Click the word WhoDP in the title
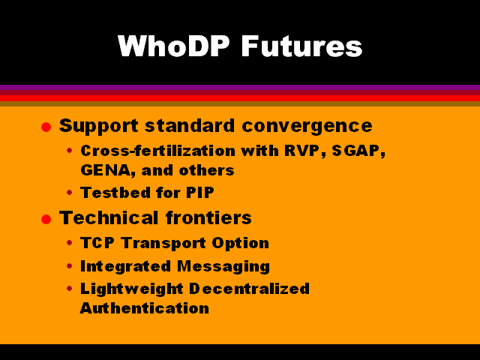tap(173, 46)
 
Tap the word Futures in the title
tap(301, 46)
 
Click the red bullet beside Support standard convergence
tap(46, 127)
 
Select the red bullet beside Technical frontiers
tap(46, 219)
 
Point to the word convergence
tap(307, 126)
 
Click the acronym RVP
tap(301, 151)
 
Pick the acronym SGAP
tap(357, 151)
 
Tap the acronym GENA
tap(106, 170)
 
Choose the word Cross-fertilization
tap(158, 151)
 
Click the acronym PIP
tap(200, 193)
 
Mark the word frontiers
tap(208, 217)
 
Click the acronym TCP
tap(97, 243)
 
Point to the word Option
tap(240, 244)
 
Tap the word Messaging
tap(223, 267)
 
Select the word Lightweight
tap(132, 289)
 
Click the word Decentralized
tap(249, 288)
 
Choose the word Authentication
tap(145, 308)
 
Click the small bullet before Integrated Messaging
tap(70, 265)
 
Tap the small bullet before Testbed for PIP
tap(70, 193)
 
